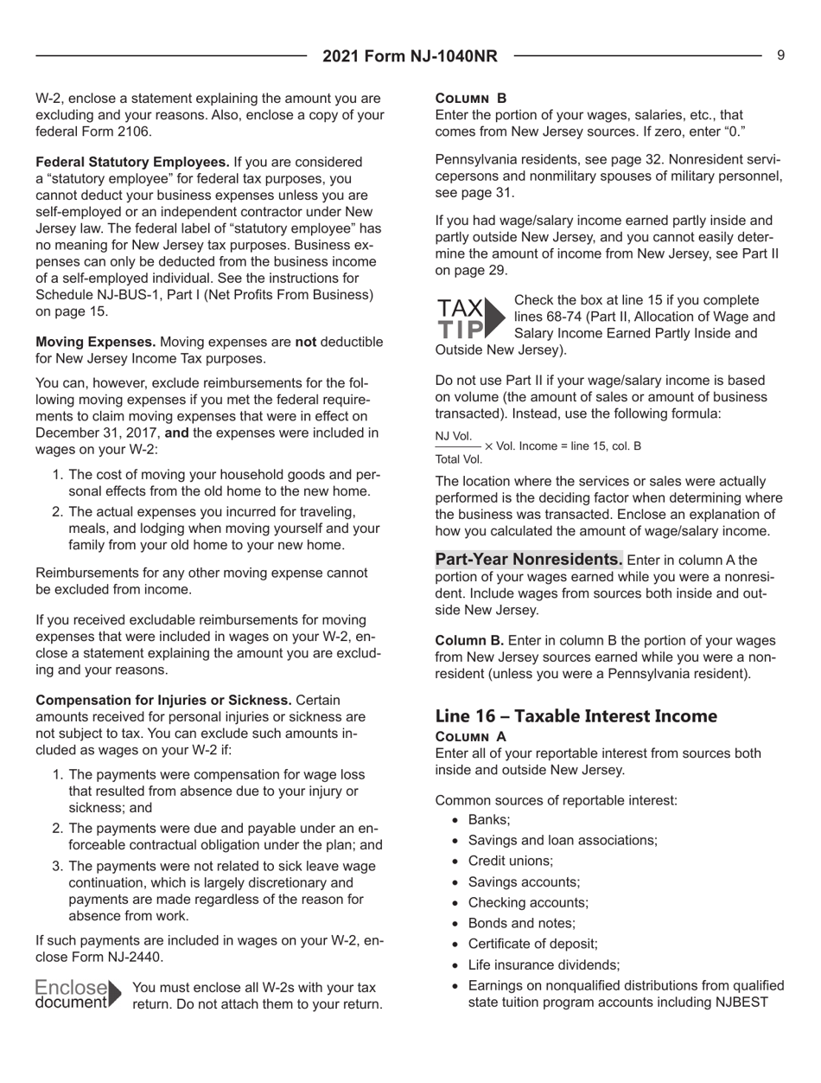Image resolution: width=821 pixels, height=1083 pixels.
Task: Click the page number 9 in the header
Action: click(780, 55)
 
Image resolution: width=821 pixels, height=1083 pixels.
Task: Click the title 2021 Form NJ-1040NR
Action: click(410, 57)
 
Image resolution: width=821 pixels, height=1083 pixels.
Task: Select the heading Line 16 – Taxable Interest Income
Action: click(576, 715)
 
